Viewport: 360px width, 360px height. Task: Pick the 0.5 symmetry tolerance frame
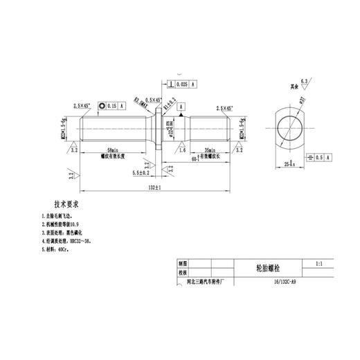tap(318, 157)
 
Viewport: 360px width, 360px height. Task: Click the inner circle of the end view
tap(290, 129)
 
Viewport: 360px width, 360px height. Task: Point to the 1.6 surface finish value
tap(181, 149)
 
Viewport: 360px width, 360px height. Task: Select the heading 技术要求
tap(68, 205)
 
